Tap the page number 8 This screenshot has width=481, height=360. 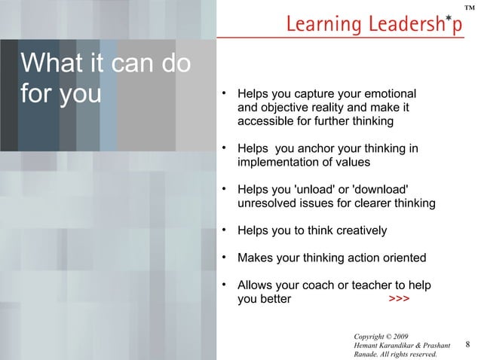click(467, 345)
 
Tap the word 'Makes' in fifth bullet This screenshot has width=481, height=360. click(253, 258)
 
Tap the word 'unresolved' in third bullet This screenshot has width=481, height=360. click(267, 203)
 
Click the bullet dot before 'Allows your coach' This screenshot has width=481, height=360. click(223, 285)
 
